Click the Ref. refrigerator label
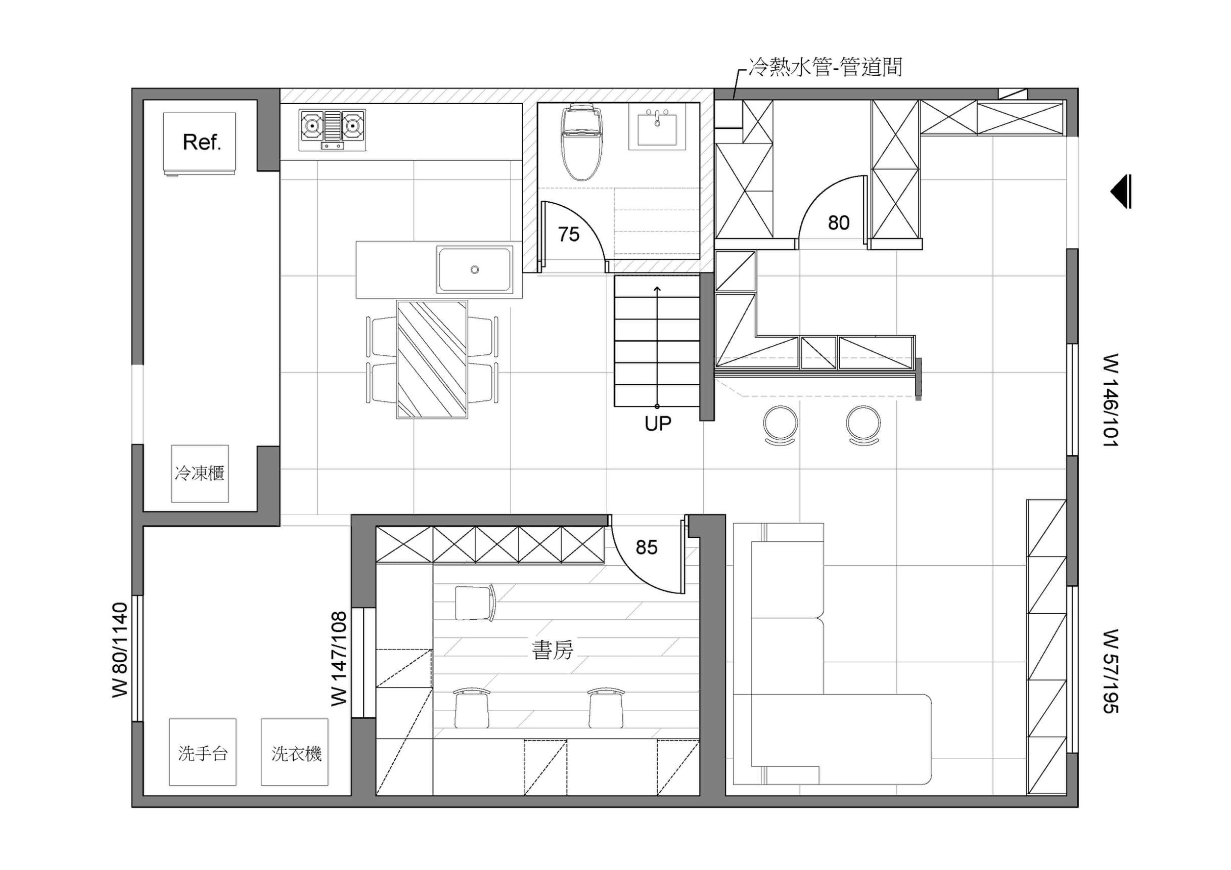point(202,142)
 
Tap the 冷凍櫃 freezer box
point(200,473)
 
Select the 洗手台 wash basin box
point(203,752)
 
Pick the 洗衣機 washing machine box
point(294,752)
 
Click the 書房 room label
point(552,650)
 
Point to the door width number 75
point(569,234)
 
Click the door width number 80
point(839,222)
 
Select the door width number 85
point(647,547)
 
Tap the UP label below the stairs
point(658,424)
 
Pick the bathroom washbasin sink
point(657,126)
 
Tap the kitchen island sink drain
point(475,269)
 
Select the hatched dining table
point(432,359)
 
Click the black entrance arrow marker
point(1121,192)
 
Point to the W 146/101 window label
point(1110,400)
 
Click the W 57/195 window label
point(1110,671)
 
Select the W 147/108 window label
point(339,659)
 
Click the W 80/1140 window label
point(120,650)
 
